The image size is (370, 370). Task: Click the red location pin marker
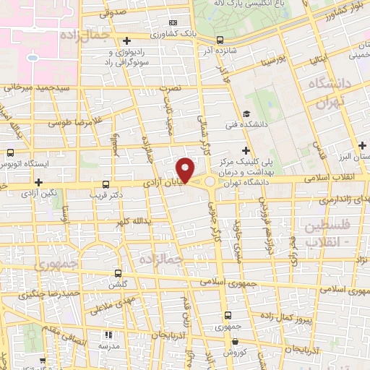coord(186,169)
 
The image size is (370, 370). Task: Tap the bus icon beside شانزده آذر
coord(220,40)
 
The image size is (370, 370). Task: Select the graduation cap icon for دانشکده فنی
coord(246,113)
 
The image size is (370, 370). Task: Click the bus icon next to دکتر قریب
coord(106,184)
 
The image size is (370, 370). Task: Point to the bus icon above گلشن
coord(119,273)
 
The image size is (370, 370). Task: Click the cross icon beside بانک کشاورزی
coord(127,40)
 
